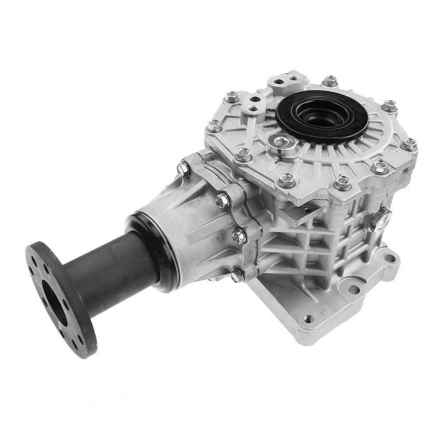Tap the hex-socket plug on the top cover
pos(281,142)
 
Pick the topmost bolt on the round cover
pos(330,81)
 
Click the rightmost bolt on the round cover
pos(409,144)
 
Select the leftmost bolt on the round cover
pos(214,126)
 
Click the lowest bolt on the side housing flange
pos(238,275)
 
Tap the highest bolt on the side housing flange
pos(183,168)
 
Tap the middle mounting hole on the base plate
pos(354,290)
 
